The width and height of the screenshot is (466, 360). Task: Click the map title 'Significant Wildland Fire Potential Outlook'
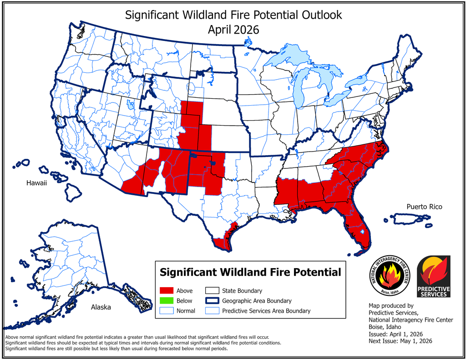coord(233,15)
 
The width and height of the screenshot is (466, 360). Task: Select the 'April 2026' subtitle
coord(233,30)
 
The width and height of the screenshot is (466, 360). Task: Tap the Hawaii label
coord(36,183)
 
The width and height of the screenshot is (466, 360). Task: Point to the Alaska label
coord(101,307)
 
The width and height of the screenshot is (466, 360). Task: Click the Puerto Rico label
coord(424,207)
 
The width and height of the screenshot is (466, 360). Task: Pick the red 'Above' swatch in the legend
coord(167,290)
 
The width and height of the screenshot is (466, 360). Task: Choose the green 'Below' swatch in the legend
coord(167,300)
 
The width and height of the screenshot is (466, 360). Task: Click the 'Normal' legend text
coord(186,311)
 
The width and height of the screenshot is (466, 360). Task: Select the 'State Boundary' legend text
coord(242,290)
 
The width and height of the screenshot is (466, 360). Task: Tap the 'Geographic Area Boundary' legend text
coord(257,300)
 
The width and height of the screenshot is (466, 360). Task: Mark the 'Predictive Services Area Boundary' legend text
coord(266,311)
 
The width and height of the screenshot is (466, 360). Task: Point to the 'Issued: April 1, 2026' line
coord(395,334)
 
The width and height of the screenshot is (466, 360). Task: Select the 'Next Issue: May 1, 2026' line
coord(400,341)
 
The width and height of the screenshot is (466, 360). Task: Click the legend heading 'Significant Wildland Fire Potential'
coord(250,272)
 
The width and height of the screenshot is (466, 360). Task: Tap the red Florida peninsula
coord(356,232)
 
